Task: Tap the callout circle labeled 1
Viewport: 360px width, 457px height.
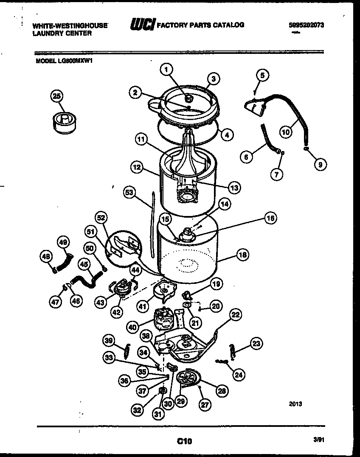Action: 167,69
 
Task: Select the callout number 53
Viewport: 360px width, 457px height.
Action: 129,192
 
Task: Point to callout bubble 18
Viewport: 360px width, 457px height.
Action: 242,255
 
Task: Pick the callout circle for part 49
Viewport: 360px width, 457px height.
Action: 63,242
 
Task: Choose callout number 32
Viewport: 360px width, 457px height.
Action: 137,409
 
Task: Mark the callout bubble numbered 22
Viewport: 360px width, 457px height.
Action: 236,314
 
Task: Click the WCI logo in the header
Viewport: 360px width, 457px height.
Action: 143,25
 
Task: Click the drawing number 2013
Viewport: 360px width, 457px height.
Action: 295,404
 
